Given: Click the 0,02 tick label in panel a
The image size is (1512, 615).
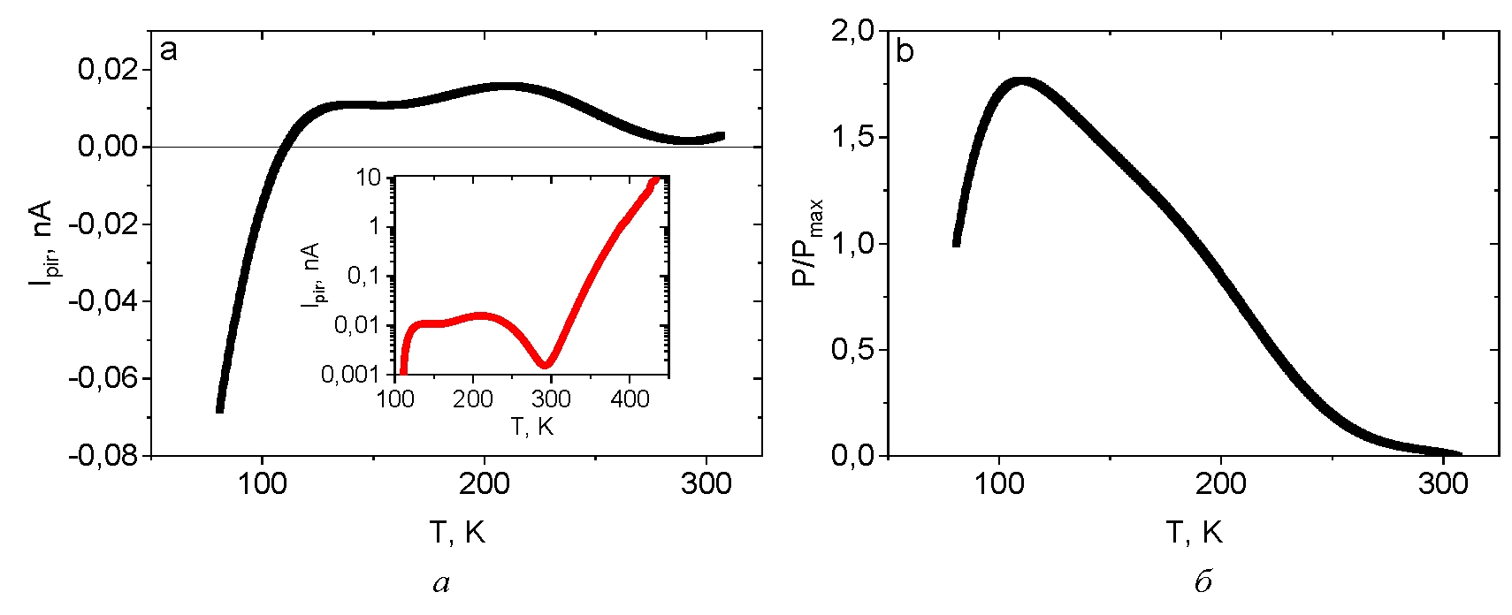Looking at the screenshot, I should click(x=108, y=69).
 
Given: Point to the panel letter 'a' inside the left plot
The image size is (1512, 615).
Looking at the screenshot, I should click(x=168, y=50).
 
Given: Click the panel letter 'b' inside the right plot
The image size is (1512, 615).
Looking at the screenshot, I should click(x=905, y=52).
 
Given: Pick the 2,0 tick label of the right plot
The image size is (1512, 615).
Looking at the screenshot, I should click(x=852, y=32).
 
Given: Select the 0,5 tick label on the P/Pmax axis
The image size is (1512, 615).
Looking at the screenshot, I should click(x=852, y=350).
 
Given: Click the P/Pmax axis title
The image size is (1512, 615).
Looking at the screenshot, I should click(x=806, y=243).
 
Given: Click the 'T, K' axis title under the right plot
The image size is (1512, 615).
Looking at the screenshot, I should click(x=1194, y=532).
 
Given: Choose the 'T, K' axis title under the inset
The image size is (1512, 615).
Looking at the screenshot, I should click(x=531, y=427).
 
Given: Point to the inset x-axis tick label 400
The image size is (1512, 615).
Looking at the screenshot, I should click(x=629, y=399).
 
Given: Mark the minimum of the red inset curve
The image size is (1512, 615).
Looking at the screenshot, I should click(x=546, y=363).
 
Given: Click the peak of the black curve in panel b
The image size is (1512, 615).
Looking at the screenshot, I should click(x=1023, y=82).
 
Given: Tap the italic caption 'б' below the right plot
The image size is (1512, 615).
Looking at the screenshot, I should click(x=1202, y=582).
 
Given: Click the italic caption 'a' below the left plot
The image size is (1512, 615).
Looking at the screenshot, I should click(x=441, y=583).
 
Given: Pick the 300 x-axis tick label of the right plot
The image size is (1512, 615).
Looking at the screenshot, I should click(x=1443, y=483).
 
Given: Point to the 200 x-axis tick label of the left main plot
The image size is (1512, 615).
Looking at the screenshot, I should click(x=484, y=483).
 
